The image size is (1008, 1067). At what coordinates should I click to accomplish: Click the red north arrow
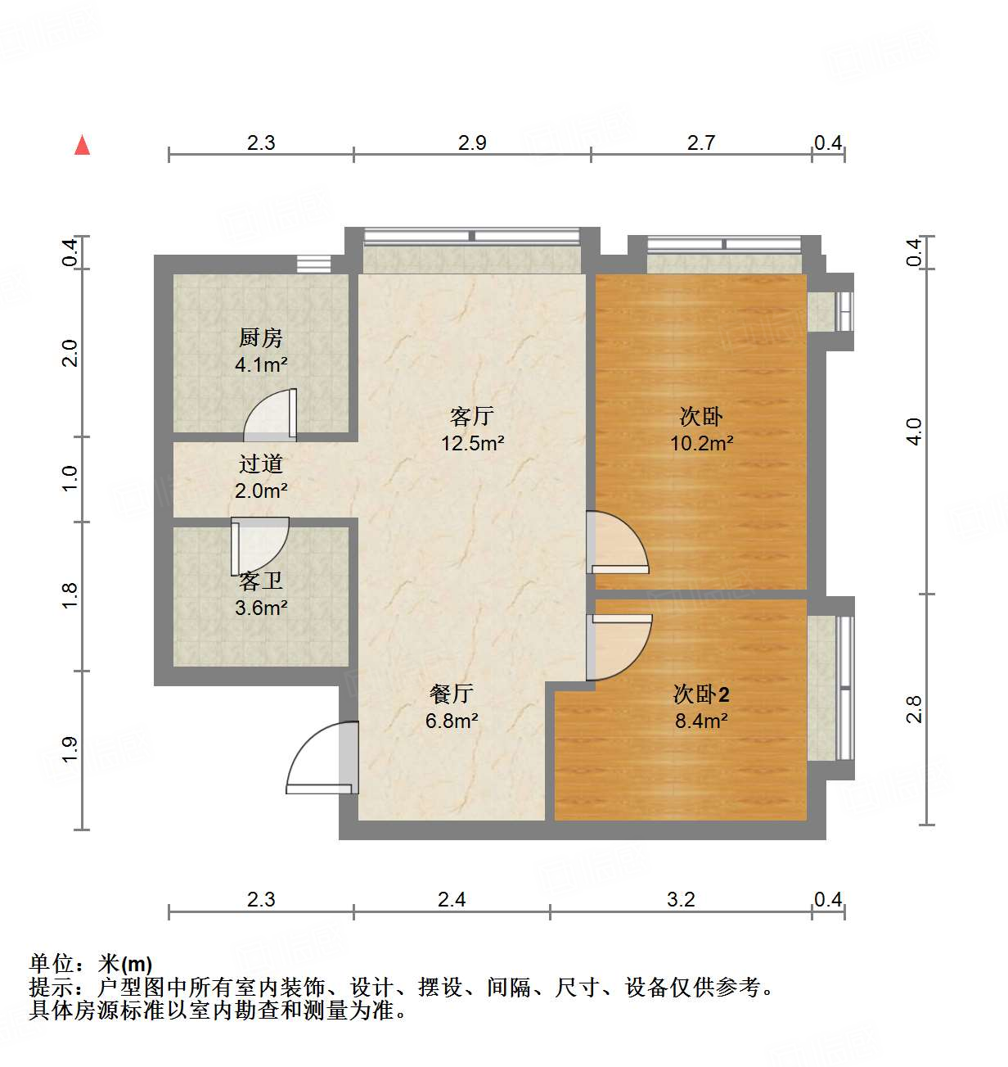(x=82, y=145)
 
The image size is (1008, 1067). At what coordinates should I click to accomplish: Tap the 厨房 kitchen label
(x=260, y=337)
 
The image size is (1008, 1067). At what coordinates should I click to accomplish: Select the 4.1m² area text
(x=261, y=365)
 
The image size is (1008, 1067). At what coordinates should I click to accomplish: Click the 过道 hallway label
(x=260, y=464)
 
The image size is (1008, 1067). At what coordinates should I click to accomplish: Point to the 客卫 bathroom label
(x=261, y=581)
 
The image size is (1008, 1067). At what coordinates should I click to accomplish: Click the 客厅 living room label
(x=472, y=417)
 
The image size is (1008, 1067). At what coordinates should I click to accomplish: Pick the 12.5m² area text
(x=473, y=444)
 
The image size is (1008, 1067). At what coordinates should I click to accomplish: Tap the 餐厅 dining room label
(x=451, y=694)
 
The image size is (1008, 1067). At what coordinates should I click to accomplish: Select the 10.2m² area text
(x=702, y=444)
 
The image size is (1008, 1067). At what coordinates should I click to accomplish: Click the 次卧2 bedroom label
(x=701, y=694)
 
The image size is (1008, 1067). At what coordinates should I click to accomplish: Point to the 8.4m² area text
(x=702, y=721)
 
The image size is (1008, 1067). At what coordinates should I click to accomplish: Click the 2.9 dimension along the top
(x=472, y=143)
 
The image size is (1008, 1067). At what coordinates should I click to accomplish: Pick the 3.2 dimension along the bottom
(x=681, y=900)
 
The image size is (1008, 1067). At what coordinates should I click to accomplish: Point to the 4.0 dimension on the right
(x=915, y=432)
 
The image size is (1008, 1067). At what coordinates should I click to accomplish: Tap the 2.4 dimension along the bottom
(x=452, y=900)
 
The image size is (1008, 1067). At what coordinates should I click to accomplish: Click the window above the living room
(x=471, y=237)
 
